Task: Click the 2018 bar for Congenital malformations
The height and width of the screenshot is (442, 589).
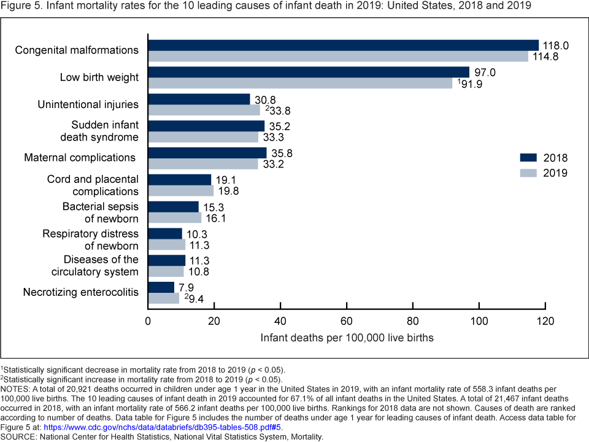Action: pyautogui.click(x=344, y=45)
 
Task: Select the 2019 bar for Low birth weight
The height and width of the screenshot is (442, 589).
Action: pyautogui.click(x=301, y=83)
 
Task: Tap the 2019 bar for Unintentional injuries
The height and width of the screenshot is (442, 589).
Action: pyautogui.click(x=204, y=110)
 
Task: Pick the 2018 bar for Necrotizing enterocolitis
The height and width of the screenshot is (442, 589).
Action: pyautogui.click(x=161, y=287)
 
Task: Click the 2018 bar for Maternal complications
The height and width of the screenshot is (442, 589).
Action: pyautogui.click(x=207, y=153)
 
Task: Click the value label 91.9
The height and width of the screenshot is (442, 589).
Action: pyautogui.click(x=471, y=84)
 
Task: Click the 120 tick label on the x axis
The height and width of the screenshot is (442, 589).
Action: pyautogui.click(x=545, y=321)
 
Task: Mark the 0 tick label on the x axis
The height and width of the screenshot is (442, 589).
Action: pyautogui.click(x=148, y=321)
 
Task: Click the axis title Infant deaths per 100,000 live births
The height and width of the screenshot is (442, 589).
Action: pyautogui.click(x=347, y=338)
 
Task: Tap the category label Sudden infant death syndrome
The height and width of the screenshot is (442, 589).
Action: pyautogui.click(x=104, y=131)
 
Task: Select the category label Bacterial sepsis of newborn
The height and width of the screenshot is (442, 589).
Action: pyautogui.click(x=100, y=212)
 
